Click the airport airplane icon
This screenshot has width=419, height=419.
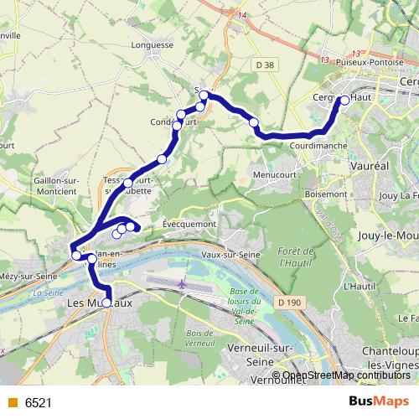coord(183,285)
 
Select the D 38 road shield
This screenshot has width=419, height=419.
coord(266,65)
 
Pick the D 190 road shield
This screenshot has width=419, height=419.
coord(290,302)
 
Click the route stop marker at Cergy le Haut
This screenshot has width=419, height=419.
coord(344,101)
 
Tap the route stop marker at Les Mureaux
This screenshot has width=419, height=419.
coord(106,303)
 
